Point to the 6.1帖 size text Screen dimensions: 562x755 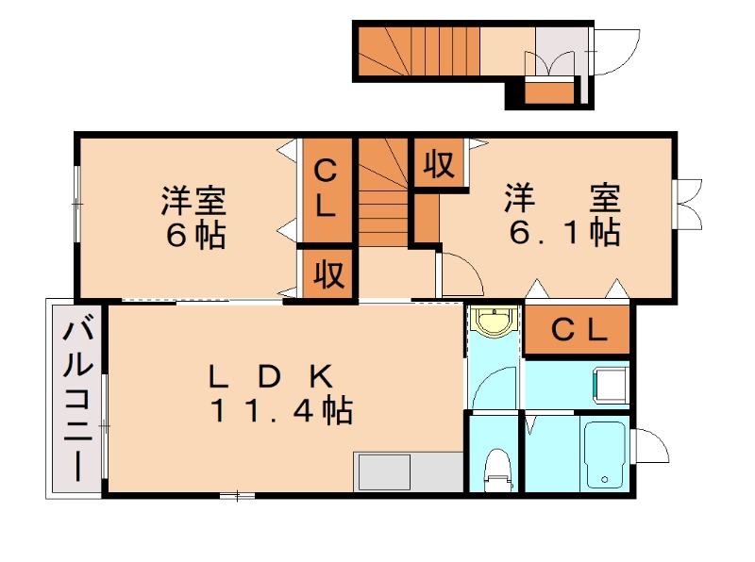point(563,233)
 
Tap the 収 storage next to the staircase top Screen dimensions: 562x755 point(438,164)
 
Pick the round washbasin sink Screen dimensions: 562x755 point(494,322)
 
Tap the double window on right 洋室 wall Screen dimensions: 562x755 point(689,202)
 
